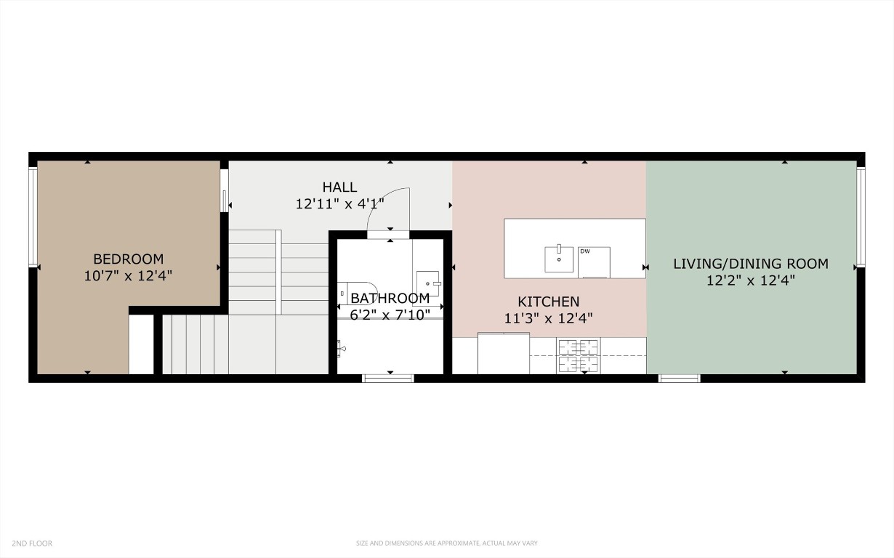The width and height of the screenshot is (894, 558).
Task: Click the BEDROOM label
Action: tap(128, 259)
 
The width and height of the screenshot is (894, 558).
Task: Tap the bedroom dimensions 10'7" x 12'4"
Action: tap(128, 276)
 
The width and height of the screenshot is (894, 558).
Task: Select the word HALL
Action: tap(339, 187)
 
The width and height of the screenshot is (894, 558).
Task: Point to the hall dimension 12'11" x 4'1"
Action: tap(339, 204)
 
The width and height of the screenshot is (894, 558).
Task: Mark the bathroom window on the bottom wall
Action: tap(388, 378)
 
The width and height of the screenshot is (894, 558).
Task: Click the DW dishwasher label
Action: tap(584, 251)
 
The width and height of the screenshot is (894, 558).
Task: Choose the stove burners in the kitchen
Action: tap(578, 355)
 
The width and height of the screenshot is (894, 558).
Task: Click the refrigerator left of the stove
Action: tap(504, 354)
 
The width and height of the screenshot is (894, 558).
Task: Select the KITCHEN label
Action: tap(548, 301)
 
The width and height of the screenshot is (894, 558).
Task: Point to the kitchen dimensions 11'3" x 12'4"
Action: tap(548, 318)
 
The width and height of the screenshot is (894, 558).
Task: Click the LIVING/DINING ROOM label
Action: tap(750, 264)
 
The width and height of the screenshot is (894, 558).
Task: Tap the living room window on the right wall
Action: tap(861, 217)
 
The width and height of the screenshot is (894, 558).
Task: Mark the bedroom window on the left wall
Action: tap(33, 217)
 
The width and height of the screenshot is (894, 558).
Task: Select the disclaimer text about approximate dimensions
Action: tap(446, 543)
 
